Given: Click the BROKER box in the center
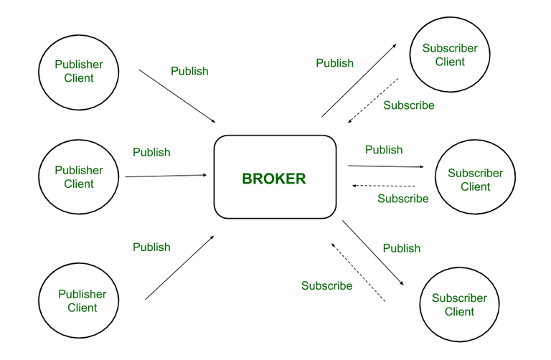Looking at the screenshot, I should [x=275, y=177].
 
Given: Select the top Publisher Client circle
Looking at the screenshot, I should [x=78, y=71].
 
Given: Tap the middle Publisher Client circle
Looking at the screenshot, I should [x=78, y=177].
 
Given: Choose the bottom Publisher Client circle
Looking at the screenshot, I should [x=82, y=300].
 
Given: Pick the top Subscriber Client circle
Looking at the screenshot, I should [x=450, y=55].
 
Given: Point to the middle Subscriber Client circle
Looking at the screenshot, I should [x=475, y=179].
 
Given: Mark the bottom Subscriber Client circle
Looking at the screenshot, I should [x=459, y=305].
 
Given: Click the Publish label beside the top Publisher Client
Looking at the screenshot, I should [x=189, y=71].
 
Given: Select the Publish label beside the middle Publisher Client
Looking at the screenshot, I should [x=152, y=152].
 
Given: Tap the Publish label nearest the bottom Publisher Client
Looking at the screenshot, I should [x=152, y=247].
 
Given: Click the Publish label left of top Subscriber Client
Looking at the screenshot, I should [x=335, y=62].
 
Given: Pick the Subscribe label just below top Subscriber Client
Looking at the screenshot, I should [x=409, y=105].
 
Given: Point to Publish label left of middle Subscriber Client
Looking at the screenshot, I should [x=384, y=150].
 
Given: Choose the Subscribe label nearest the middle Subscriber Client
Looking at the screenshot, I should [x=403, y=199].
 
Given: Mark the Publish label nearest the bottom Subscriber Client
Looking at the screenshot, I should [x=402, y=248].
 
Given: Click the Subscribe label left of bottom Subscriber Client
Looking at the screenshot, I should [x=327, y=286].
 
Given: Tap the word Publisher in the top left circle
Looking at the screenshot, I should [x=79, y=65].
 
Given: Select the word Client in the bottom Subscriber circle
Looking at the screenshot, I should [x=459, y=312].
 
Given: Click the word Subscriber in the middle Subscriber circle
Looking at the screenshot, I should [x=475, y=173].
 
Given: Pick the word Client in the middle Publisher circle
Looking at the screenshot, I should [x=79, y=184].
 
